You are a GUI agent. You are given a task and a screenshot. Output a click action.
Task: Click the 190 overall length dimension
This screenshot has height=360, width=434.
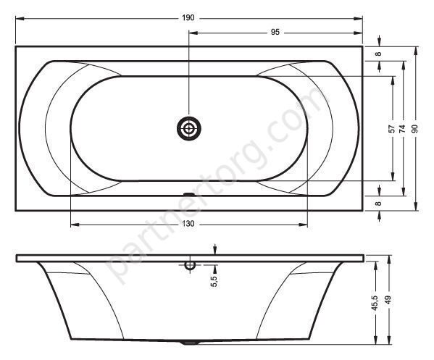(x=188, y=18)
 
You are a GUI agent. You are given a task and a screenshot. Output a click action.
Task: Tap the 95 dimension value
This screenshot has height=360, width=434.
(x=275, y=33)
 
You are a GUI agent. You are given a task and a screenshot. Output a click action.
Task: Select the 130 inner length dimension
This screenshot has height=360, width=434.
(x=188, y=224)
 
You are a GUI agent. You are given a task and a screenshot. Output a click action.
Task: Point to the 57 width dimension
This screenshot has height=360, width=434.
(x=392, y=128)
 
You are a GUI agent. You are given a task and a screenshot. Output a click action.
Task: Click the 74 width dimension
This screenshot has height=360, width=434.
(x=403, y=128)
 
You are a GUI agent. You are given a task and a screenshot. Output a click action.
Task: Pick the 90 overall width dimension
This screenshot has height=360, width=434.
(x=414, y=128)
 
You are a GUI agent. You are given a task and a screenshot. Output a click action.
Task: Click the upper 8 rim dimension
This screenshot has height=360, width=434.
(x=378, y=54)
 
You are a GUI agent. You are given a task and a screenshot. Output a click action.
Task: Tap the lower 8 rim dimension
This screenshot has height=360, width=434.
(x=378, y=204)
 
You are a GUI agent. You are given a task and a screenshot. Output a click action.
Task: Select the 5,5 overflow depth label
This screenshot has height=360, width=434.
(x=214, y=281)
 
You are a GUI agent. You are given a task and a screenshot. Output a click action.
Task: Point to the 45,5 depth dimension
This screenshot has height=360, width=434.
(x=375, y=303)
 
